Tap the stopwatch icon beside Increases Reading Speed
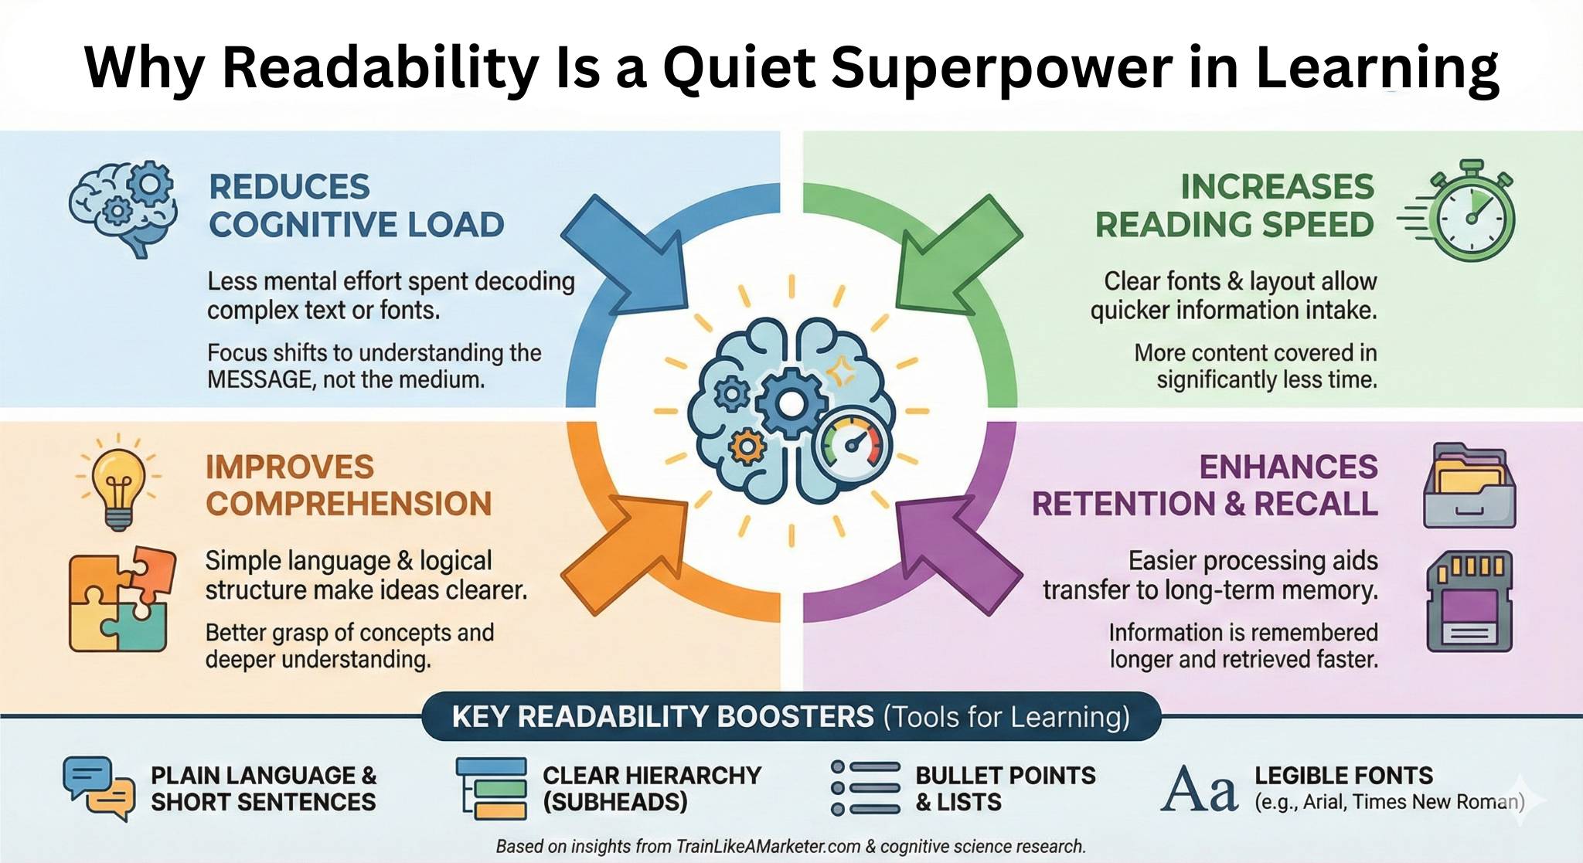[1460, 210]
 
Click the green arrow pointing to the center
[958, 253]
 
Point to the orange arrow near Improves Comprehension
[625, 555]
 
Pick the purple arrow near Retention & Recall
[958, 555]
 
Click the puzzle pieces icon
[122, 600]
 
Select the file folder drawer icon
[1469, 486]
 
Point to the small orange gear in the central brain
[747, 446]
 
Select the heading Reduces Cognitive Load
[356, 206]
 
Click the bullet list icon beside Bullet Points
[866, 788]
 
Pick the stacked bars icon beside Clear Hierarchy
[492, 788]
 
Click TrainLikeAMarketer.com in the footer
[768, 847]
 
